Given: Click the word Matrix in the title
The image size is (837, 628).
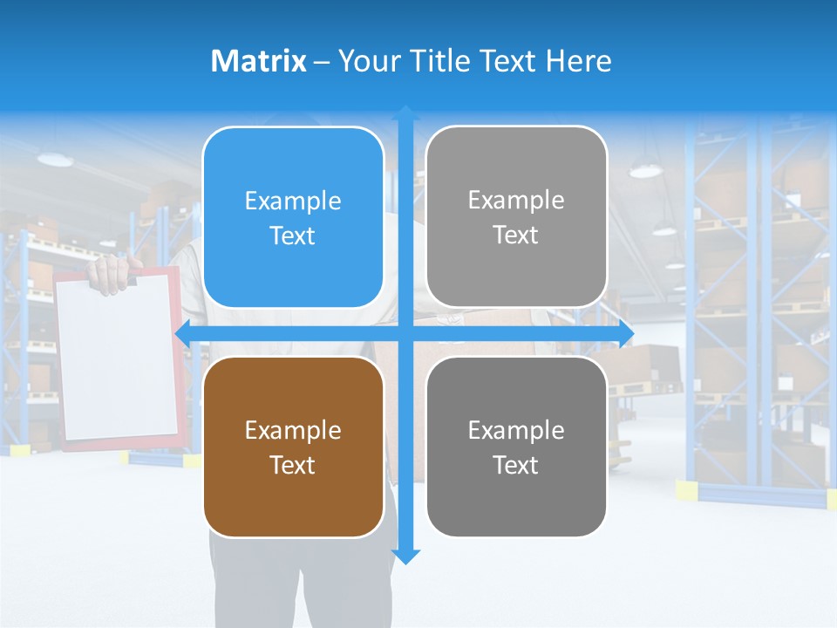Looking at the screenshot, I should click(258, 61).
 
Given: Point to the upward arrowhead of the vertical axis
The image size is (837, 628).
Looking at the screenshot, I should click(405, 113).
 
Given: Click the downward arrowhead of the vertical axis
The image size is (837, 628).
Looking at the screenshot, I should click(405, 556).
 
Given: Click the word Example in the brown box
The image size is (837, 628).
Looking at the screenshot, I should click(293, 430).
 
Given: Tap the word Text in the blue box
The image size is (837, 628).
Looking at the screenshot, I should click(293, 236).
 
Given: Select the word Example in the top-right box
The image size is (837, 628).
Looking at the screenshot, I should click(516, 201).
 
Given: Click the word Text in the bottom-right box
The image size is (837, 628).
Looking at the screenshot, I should click(516, 465).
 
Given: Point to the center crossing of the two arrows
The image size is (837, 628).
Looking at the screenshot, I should click(405, 333).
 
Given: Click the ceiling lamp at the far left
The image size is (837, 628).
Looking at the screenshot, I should click(55, 159).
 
